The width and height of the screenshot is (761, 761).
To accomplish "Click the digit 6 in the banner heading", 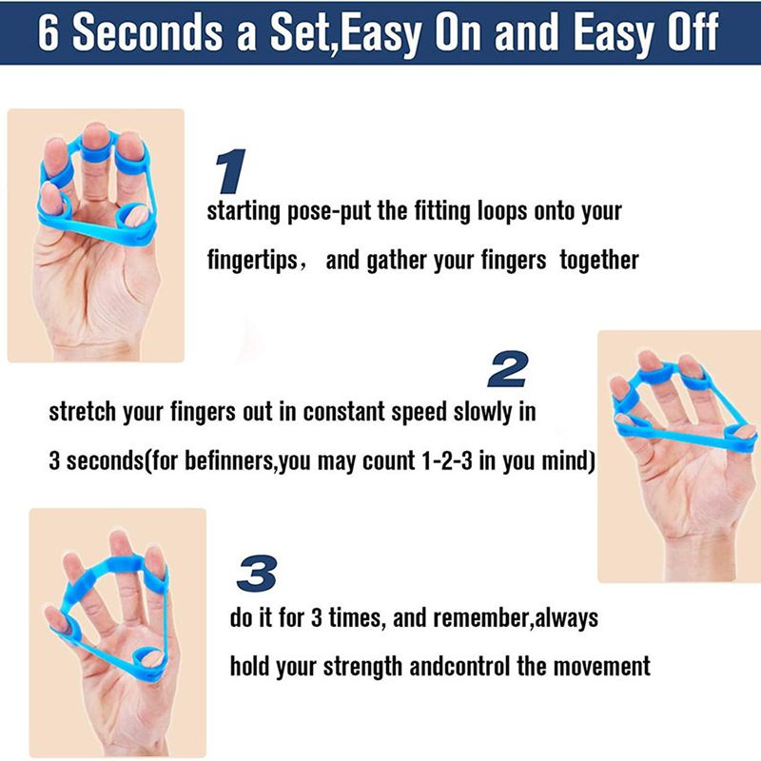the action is (x=48, y=32).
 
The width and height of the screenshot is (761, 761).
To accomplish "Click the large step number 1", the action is (x=229, y=171).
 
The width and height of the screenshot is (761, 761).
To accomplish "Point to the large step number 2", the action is (x=508, y=369).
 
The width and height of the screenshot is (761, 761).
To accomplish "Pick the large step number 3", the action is (x=257, y=574).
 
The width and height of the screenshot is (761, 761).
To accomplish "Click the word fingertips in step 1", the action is (x=252, y=261).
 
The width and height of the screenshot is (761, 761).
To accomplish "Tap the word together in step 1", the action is (x=599, y=260).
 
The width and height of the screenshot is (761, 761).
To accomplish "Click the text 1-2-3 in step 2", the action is (x=446, y=459).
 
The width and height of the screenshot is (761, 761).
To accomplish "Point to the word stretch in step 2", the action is (x=82, y=412).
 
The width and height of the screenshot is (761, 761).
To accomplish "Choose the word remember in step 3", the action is (x=480, y=617).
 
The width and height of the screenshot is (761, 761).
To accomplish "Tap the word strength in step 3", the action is (x=363, y=667).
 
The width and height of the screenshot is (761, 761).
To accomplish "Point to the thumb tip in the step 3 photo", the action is (x=153, y=658).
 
